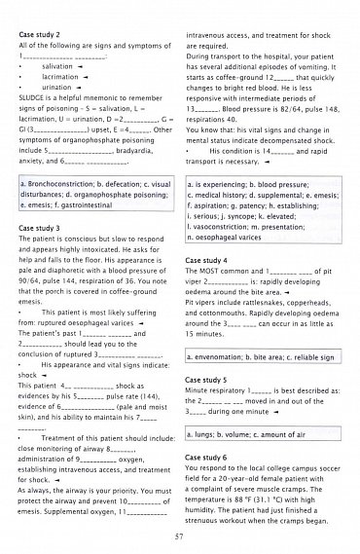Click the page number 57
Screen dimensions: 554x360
pos(180,536)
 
